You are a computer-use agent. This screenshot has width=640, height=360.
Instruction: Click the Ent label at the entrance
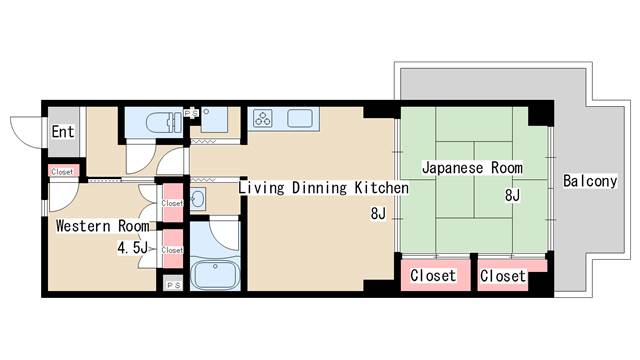coord(63,131)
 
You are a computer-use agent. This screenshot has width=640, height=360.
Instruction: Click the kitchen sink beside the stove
coord(301,119)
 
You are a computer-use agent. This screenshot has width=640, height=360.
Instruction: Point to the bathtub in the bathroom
coord(214,271)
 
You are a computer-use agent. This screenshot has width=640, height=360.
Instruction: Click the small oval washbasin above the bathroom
coord(196,199)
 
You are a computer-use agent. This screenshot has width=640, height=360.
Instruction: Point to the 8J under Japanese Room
coord(512,195)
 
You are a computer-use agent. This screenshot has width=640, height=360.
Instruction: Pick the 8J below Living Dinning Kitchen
coord(377,214)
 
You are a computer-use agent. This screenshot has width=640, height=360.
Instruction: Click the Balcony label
coord(590,181)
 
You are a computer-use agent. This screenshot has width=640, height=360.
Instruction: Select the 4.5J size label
coord(132,247)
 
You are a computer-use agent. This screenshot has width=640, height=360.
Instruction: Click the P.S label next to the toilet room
coord(192,114)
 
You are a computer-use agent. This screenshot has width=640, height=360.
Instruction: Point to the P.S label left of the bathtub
coord(173,284)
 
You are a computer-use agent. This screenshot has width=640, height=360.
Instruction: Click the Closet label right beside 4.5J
coord(172,250)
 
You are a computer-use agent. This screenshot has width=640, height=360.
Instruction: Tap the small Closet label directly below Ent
coord(62,172)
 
